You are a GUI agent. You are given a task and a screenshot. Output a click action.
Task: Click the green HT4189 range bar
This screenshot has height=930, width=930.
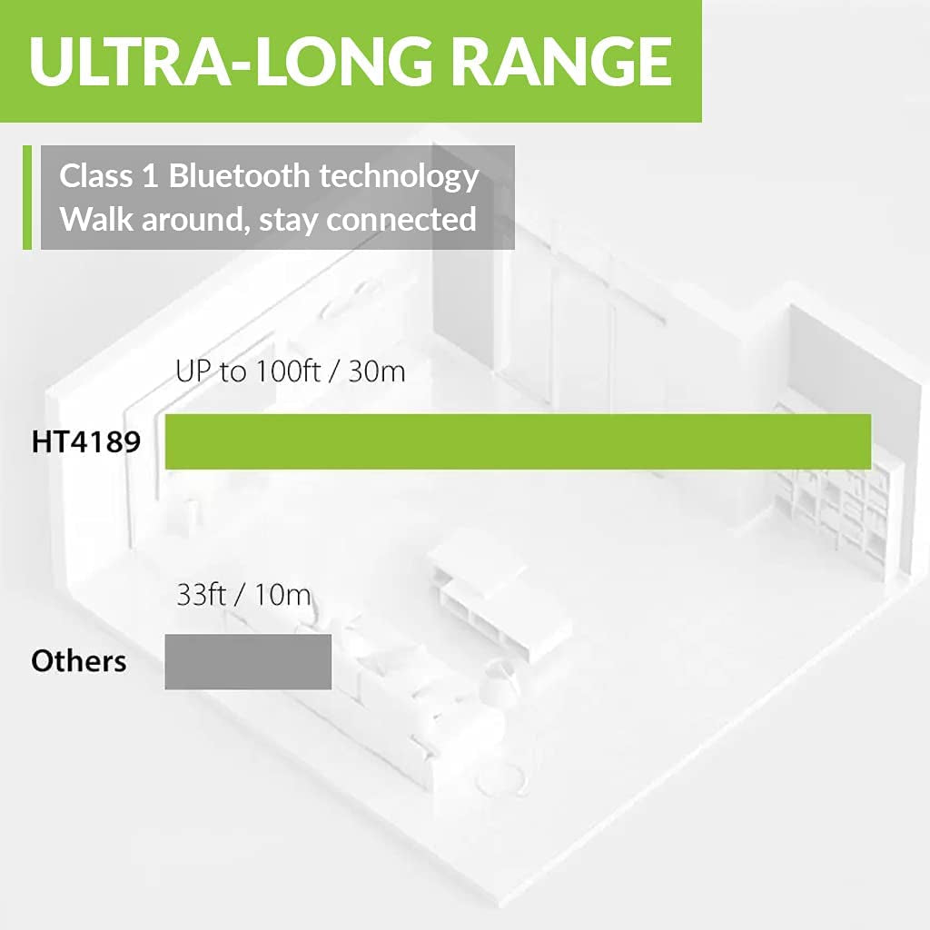[518, 441]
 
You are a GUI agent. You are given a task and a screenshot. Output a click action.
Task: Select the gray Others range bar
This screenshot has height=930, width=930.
[248, 661]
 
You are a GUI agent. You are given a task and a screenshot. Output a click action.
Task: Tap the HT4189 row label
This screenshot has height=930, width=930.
[86, 442]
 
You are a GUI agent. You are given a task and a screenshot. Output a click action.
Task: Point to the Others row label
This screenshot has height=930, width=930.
[79, 661]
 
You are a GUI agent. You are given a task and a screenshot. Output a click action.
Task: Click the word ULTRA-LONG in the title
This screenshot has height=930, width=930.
[230, 61]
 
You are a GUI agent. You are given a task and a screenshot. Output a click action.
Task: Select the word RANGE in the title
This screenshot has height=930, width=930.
[563, 61]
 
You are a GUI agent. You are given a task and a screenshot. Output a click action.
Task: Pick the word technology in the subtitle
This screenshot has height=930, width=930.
[399, 178]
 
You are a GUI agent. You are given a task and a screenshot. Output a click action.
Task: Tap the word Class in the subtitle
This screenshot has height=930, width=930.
[96, 175]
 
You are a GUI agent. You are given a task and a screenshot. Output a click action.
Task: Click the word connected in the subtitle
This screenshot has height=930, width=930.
[401, 220]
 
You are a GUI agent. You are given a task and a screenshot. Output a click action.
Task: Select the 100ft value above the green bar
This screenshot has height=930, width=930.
[288, 371]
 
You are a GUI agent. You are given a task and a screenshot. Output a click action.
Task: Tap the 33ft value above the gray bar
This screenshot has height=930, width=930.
[201, 594]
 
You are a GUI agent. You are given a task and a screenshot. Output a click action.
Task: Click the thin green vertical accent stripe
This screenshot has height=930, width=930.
[26, 197]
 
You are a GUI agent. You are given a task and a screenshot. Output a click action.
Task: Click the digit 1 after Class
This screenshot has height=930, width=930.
[150, 176]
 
